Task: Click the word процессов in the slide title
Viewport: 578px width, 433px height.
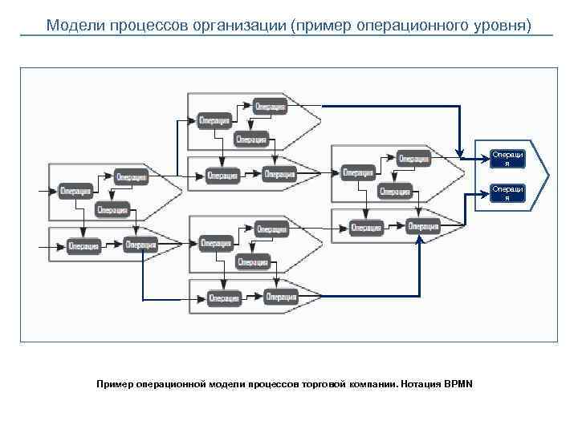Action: point(145,25)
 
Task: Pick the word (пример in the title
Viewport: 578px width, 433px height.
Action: point(327,25)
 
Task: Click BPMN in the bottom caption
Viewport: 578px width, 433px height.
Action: point(458,384)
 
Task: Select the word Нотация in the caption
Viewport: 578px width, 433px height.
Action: point(420,384)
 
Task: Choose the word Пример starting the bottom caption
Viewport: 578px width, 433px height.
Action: point(112,384)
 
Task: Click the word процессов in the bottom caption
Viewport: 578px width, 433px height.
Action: point(274,384)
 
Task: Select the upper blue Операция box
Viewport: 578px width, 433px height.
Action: point(507,158)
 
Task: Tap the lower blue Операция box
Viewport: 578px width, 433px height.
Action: point(507,193)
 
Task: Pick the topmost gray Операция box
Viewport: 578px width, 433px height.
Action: point(271,106)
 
